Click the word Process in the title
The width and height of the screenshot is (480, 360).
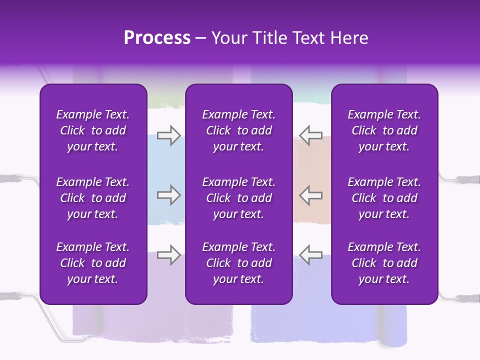point(157,38)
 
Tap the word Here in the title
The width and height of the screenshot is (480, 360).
point(349,38)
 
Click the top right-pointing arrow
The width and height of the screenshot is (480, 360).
point(168,135)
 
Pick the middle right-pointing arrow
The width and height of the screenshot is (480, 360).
point(168,195)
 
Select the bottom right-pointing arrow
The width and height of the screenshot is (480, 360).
point(168,254)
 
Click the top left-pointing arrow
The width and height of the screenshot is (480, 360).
point(310,135)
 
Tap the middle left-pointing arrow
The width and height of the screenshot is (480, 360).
point(310,195)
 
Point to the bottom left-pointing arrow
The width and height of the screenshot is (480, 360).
point(310,254)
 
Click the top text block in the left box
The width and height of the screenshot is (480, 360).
point(93,130)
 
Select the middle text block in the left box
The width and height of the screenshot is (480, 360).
point(93,198)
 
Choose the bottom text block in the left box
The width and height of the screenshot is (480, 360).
point(93,263)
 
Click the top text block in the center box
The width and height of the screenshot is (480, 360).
point(238,130)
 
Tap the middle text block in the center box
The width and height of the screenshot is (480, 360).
point(238,198)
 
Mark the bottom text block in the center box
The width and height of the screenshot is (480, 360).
point(238,263)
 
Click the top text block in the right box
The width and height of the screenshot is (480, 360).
point(384,130)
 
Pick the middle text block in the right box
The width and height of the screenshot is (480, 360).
point(384,198)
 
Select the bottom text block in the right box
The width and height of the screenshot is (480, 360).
point(384,263)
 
